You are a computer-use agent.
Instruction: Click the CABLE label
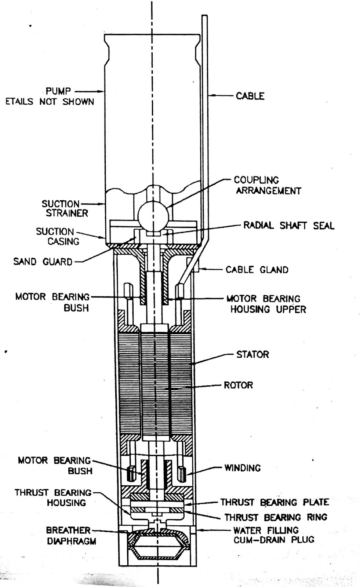[x=250, y=96]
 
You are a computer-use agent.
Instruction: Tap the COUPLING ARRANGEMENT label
[x=268, y=185]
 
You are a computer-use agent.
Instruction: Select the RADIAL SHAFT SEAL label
[x=289, y=226]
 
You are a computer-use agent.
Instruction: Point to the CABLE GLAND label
[x=257, y=270]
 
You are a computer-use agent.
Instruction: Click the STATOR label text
[x=252, y=354]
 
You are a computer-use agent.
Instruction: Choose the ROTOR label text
[x=238, y=385]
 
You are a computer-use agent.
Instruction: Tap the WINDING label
[x=242, y=468]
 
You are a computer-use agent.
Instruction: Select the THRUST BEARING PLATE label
[x=274, y=502]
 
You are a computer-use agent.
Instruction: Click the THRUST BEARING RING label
[x=276, y=517]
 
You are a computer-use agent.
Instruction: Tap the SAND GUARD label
[x=43, y=262]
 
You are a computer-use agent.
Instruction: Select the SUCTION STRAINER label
[x=65, y=208]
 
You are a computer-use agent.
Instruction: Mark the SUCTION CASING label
[x=58, y=237]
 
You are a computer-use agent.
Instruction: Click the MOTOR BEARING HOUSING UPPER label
[x=266, y=304]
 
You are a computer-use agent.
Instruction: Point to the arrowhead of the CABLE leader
[x=211, y=96]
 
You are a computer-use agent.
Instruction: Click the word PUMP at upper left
[x=58, y=91]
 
